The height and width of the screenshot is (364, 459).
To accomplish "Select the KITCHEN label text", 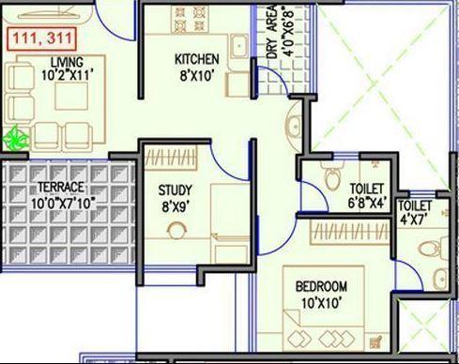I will [x=198, y=59].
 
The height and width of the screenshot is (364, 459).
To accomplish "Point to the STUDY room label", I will [x=175, y=191].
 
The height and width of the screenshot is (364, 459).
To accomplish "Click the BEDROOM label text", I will [x=322, y=286].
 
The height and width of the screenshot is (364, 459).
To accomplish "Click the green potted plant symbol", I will [x=16, y=139].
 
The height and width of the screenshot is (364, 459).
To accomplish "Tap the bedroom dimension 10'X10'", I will [x=322, y=303].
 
